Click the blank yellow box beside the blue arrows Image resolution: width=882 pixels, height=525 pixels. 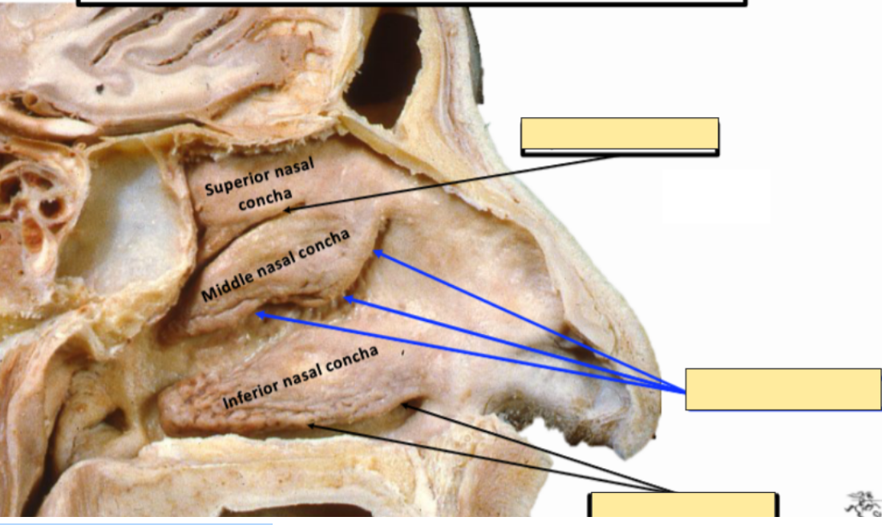click(x=783, y=389)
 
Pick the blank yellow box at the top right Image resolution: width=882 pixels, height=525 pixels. click(x=619, y=134)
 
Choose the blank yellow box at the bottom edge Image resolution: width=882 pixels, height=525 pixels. click(x=683, y=507)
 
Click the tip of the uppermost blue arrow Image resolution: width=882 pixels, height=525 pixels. click(x=375, y=252)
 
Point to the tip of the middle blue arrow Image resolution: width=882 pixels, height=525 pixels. click(x=346, y=299)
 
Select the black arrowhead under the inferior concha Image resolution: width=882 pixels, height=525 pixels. click(x=310, y=426)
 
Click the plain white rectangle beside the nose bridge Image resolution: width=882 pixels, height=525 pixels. click(x=715, y=197)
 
